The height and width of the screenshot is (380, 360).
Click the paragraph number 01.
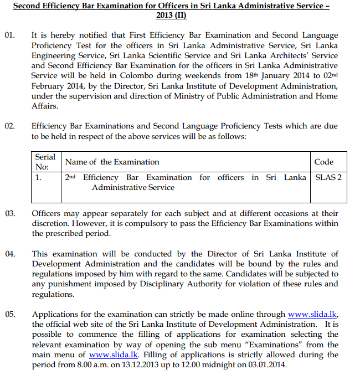(x=10, y=35)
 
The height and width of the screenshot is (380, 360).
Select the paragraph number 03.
(x=10, y=213)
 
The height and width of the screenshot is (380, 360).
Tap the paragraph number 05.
(x=10, y=315)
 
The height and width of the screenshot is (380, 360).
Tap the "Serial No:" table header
(x=45, y=162)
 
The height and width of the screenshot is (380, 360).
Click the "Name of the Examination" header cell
(x=112, y=162)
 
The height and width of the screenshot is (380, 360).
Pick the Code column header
(x=323, y=162)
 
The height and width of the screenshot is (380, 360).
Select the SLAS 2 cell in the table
(x=328, y=178)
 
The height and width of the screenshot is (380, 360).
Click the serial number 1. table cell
(x=38, y=178)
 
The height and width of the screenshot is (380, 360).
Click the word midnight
(x=238, y=365)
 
